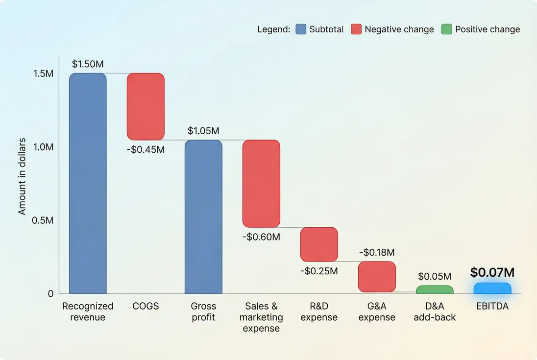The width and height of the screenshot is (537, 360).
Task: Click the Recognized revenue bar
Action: click(88, 184)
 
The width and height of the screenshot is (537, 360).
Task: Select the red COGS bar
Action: click(146, 107)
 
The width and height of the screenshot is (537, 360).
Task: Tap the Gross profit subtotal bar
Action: click(203, 217)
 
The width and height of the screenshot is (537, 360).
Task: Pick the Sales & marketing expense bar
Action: click(261, 184)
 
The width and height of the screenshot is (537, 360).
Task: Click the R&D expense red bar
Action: click(319, 244)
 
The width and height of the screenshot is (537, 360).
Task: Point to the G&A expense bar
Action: click(377, 277)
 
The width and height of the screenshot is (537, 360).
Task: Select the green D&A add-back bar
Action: click(435, 290)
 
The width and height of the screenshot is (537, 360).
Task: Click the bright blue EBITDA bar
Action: click(492, 288)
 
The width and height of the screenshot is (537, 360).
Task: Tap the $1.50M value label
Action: click(88, 64)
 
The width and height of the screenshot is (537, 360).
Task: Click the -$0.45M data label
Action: click(146, 149)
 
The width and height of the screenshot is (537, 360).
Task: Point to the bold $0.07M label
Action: click(492, 273)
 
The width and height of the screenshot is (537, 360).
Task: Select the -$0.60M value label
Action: click(261, 237)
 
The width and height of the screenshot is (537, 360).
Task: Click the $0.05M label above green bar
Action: click(435, 277)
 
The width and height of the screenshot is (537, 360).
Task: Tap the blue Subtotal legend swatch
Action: click(300, 29)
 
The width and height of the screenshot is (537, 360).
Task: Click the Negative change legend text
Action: click(399, 29)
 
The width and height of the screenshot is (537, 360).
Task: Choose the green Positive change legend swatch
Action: click(446, 29)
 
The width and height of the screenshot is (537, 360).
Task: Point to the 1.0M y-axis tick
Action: click(43, 147)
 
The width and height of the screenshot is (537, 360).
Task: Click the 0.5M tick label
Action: click(43, 220)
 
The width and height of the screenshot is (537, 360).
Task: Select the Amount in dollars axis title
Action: click(22, 184)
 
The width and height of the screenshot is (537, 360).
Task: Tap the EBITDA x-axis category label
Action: click(492, 306)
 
